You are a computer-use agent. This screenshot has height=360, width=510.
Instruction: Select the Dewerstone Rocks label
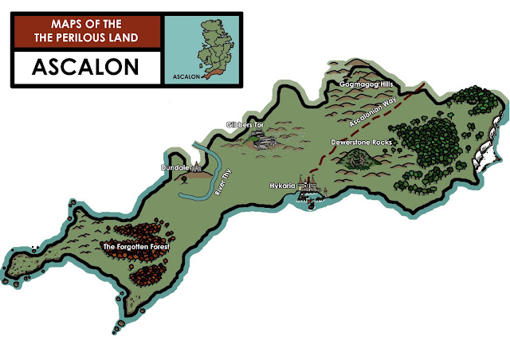(359, 143)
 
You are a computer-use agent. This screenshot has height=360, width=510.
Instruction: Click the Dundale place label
(175, 169)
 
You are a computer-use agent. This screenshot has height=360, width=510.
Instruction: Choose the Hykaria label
(283, 185)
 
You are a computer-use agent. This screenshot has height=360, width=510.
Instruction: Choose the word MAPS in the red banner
(65, 24)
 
